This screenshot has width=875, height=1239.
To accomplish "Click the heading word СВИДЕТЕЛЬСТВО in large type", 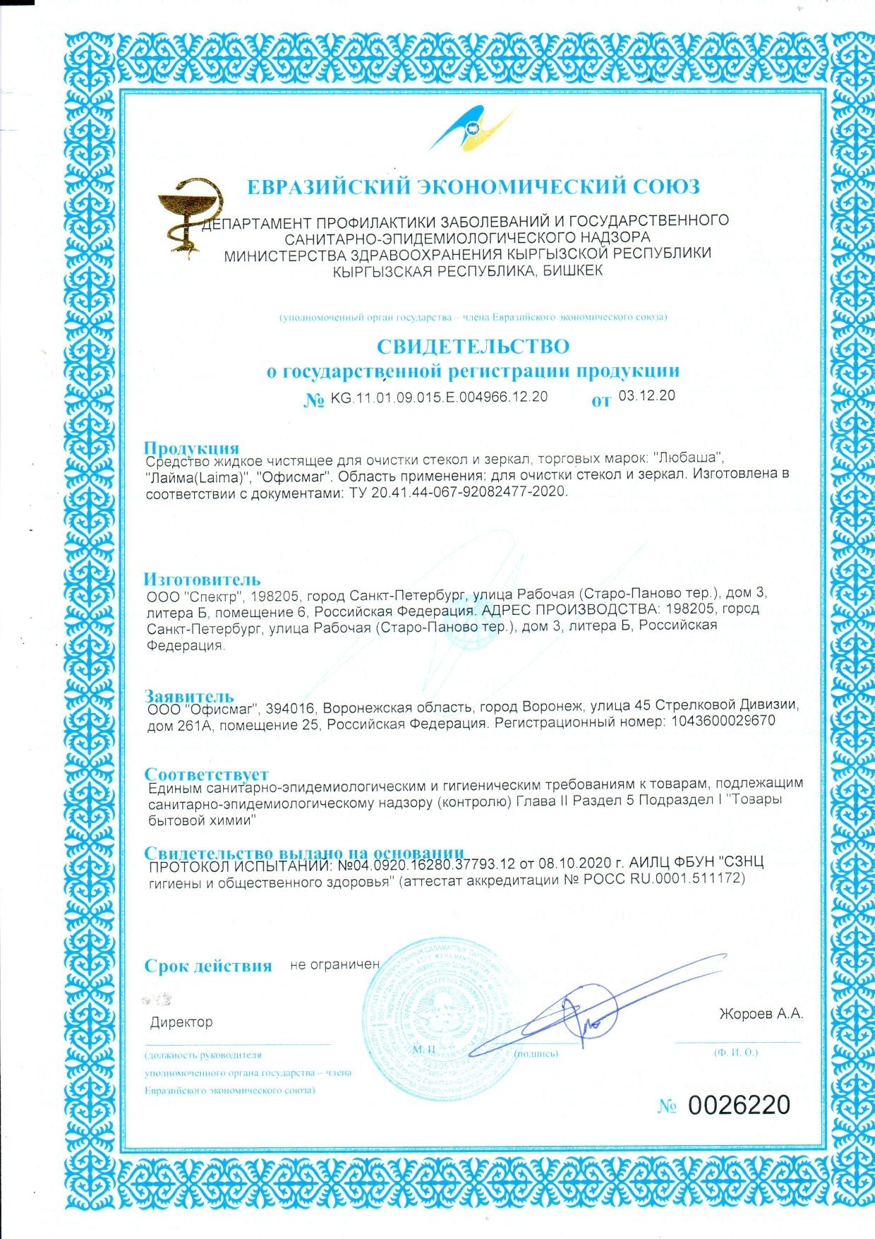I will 472,347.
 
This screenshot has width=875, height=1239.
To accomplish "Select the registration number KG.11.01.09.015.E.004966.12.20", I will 439,397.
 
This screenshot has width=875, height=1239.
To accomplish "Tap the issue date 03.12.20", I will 646,395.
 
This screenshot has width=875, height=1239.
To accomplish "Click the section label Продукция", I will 191,448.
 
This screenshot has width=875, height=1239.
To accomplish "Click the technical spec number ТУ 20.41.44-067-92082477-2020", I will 458,492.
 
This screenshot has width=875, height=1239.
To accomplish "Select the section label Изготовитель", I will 203,580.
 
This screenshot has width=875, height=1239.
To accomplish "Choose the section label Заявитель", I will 188,695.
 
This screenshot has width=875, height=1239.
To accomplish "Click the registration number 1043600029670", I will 719,722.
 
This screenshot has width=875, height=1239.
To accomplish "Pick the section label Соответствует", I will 206,774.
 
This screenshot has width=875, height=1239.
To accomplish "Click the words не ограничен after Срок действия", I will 334,964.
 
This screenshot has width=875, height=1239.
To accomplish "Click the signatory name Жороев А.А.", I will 761,1014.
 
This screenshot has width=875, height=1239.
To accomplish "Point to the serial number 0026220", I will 739,1105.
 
